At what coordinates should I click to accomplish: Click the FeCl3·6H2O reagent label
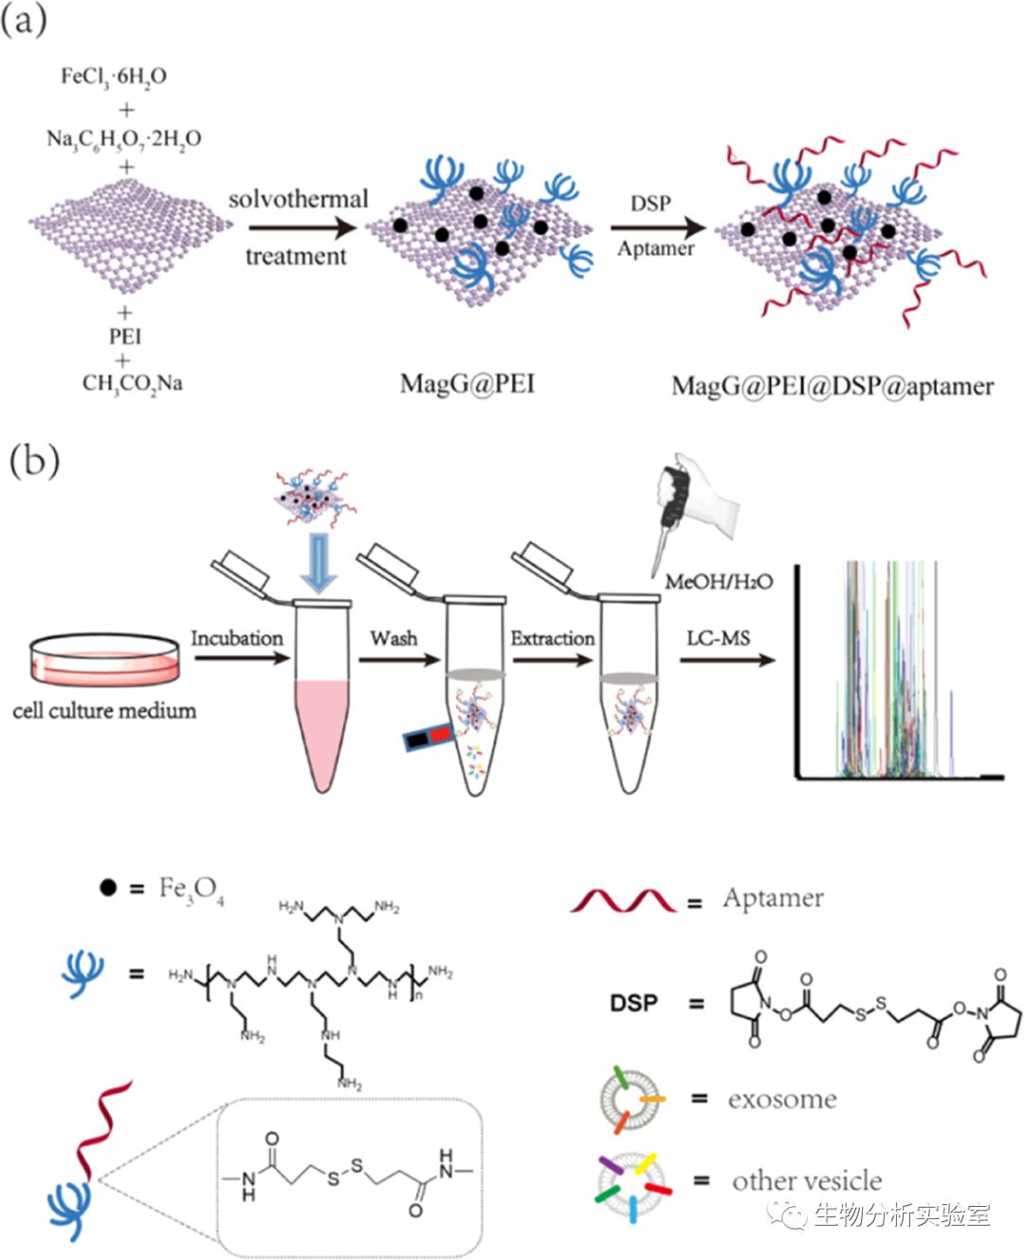pyautogui.click(x=113, y=77)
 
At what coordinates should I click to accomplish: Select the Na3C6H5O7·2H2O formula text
pyautogui.click(x=124, y=139)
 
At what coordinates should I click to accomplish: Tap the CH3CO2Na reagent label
pyautogui.click(x=132, y=384)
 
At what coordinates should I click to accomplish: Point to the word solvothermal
pyautogui.click(x=298, y=199)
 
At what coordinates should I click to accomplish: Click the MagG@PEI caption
pyautogui.click(x=466, y=384)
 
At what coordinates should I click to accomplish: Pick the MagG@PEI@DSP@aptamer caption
pyautogui.click(x=832, y=387)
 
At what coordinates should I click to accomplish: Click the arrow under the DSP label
pyautogui.click(x=658, y=228)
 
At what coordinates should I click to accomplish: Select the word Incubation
pyautogui.click(x=237, y=638)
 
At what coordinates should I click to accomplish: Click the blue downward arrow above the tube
pyautogui.click(x=320, y=562)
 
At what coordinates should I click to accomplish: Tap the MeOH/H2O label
pyautogui.click(x=719, y=581)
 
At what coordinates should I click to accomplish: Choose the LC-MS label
pyautogui.click(x=718, y=638)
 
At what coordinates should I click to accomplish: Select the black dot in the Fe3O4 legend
pyautogui.click(x=108, y=889)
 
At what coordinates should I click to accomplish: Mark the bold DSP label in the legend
pyautogui.click(x=634, y=1002)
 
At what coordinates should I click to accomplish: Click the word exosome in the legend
pyautogui.click(x=782, y=1100)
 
